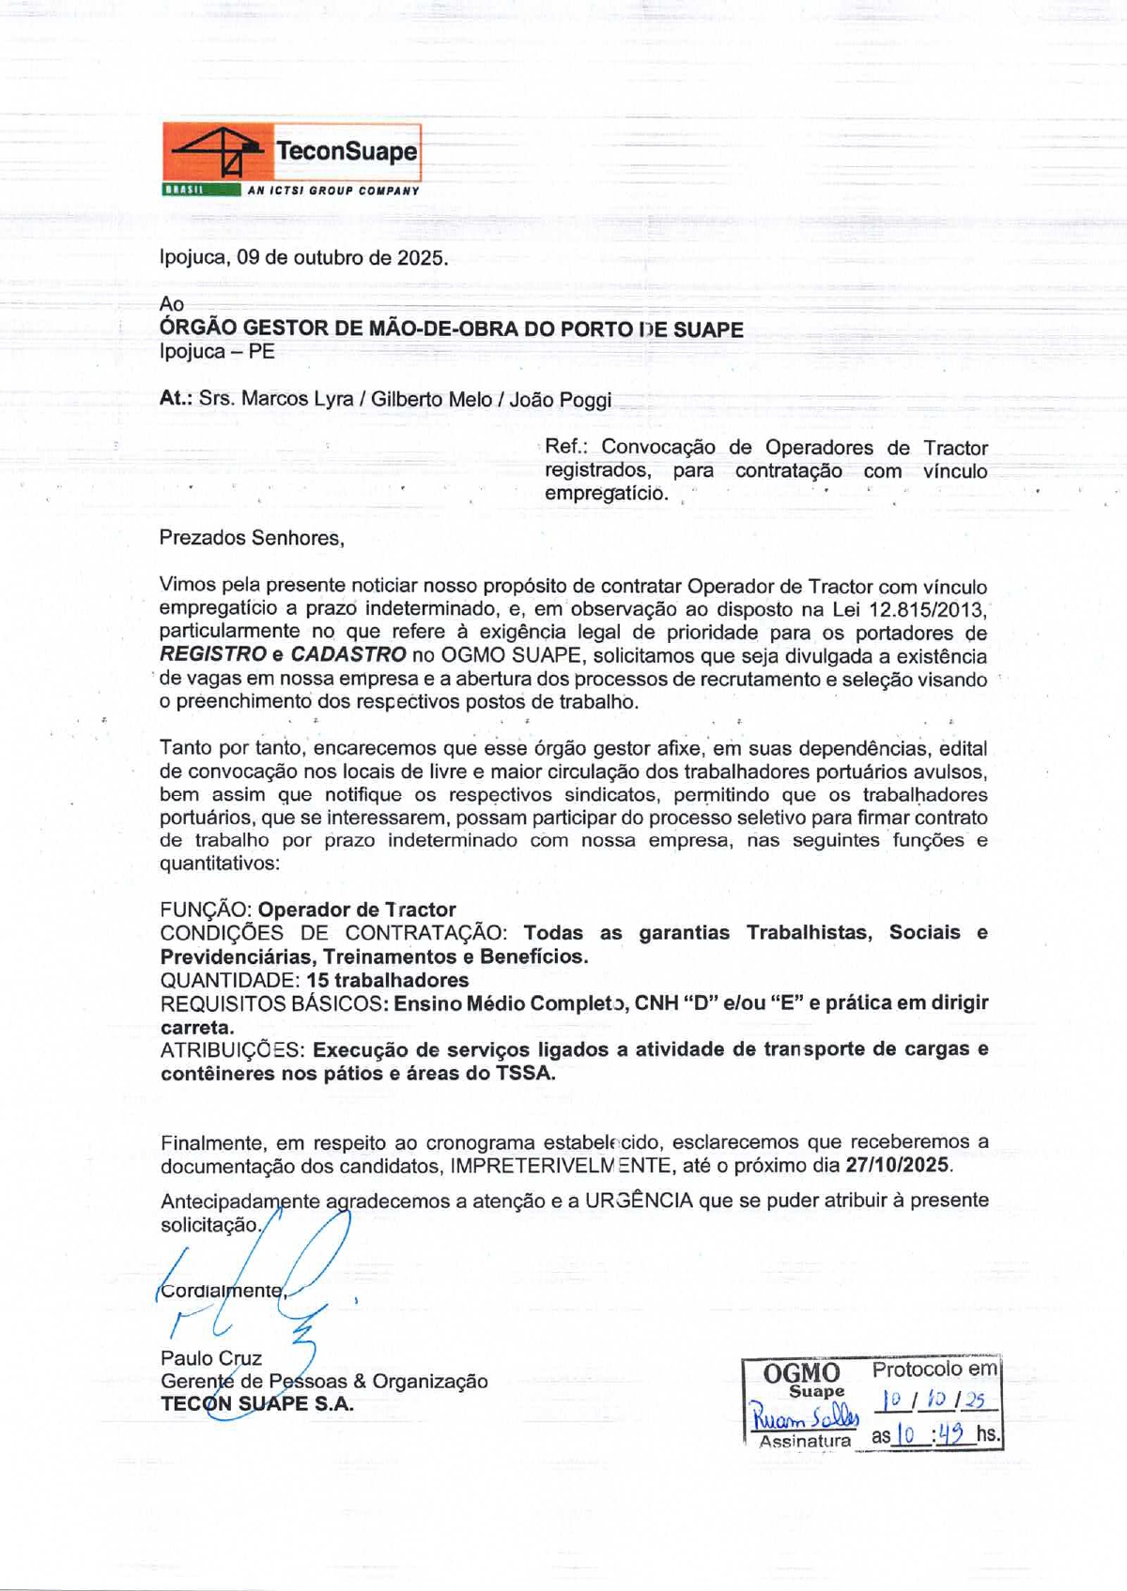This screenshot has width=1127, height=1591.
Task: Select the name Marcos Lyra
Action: tap(298, 399)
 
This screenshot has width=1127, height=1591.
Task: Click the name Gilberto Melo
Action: tap(431, 399)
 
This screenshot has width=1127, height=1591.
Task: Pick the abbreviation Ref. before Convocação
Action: tap(564, 448)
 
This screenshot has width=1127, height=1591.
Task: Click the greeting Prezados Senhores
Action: tap(252, 538)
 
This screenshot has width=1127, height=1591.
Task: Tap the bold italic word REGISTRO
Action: tap(213, 655)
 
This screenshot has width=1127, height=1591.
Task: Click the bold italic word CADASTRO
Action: tap(348, 655)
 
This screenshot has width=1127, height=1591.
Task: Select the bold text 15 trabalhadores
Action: tap(388, 980)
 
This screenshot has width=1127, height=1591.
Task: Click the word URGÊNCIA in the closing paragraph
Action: tap(639, 1201)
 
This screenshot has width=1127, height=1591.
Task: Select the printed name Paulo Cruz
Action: tap(211, 1358)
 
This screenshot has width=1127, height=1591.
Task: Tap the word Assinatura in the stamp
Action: tap(805, 1441)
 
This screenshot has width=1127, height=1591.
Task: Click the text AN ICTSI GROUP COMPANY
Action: tap(333, 191)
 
